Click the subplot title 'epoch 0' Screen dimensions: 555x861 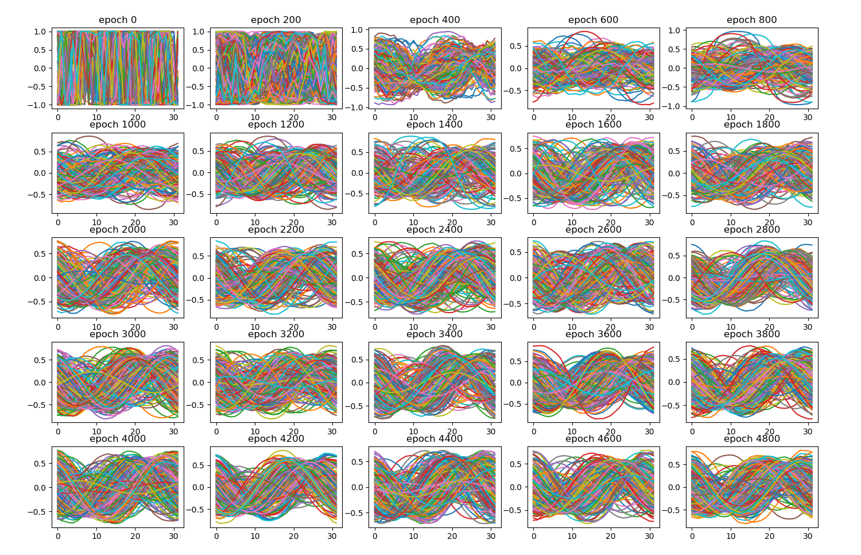coord(118,20)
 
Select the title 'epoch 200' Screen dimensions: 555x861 coord(276,20)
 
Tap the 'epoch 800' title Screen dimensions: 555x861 coord(751,20)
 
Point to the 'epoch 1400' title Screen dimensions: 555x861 coord(435,125)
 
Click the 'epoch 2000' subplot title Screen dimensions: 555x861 coord(118,230)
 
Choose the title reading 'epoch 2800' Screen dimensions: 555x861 coord(751,230)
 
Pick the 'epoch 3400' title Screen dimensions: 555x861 coord(435,334)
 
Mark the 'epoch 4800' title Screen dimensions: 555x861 coord(751,439)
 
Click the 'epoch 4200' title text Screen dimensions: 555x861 coord(276,439)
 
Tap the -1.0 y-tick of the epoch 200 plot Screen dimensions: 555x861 coord(198,105)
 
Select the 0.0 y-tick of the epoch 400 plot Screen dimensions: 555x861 coord(356,68)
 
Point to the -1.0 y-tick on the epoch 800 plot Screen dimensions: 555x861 coord(673,106)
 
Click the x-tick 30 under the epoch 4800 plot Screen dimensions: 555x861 coord(808,536)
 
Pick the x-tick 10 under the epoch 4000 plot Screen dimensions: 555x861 coord(96,536)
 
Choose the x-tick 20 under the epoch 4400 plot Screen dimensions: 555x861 coord(452,536)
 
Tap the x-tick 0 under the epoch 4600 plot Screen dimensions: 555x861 coord(534,536)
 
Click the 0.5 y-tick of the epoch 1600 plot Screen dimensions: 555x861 coord(515,149)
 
